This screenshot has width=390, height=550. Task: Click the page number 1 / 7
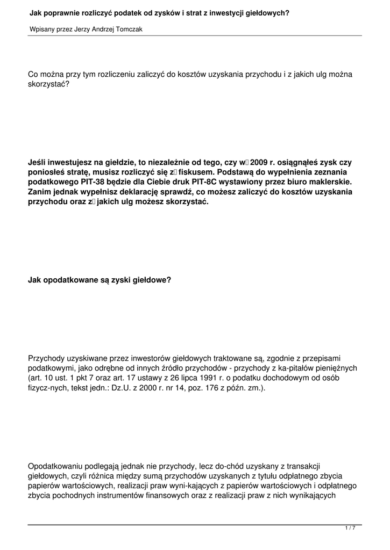pos(350,529)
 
